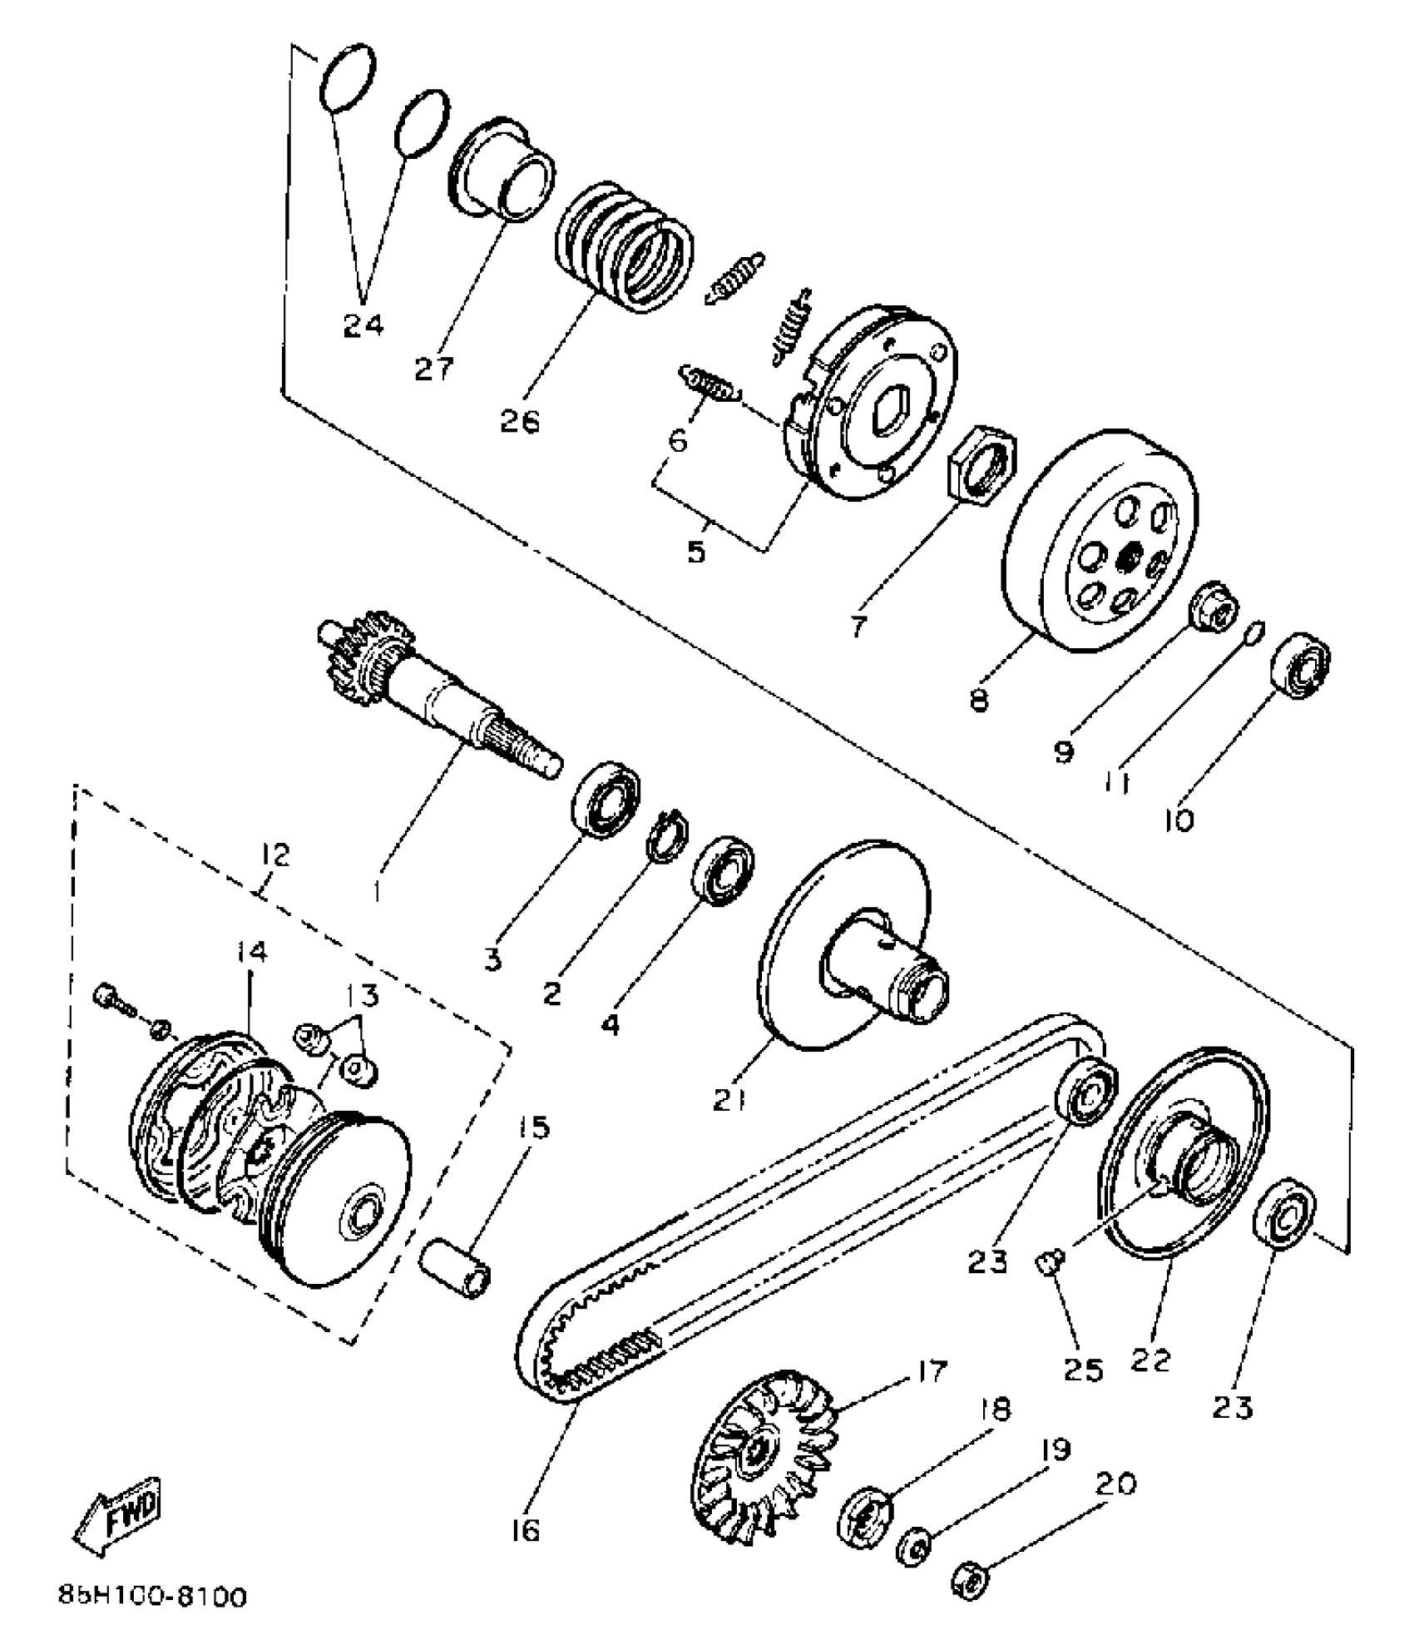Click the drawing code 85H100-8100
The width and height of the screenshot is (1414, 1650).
coord(153,1598)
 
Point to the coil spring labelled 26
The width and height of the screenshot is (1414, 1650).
coord(624,248)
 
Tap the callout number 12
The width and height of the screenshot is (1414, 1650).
coord(275,855)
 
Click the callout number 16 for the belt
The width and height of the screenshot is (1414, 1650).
coord(526,1529)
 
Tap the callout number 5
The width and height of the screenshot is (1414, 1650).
coord(696,551)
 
